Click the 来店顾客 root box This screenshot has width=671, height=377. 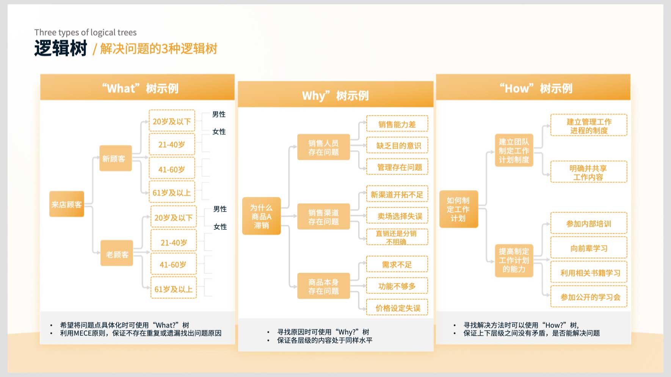pyautogui.click(x=67, y=204)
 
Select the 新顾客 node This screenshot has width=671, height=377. pyautogui.click(x=116, y=158)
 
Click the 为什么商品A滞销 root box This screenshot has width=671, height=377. pyautogui.click(x=261, y=216)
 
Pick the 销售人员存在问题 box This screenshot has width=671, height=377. pyautogui.click(x=323, y=147)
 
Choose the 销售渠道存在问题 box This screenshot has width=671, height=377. pyautogui.click(x=323, y=217)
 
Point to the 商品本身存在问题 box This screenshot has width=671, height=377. pyautogui.click(x=323, y=286)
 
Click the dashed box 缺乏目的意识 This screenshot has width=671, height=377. pyautogui.click(x=397, y=145)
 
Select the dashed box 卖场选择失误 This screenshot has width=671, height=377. pyautogui.click(x=397, y=216)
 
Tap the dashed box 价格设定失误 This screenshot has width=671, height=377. pyautogui.click(x=397, y=308)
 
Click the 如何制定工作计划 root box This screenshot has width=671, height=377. pyautogui.click(x=459, y=209)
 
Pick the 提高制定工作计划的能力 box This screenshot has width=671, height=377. pyautogui.click(x=514, y=260)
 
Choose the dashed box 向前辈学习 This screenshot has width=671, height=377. pyautogui.click(x=589, y=248)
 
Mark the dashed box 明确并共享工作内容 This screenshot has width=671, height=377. pyautogui.click(x=589, y=172)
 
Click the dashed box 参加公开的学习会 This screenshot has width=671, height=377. pyautogui.click(x=589, y=297)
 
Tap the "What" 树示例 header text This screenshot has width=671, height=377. pyautogui.click(x=140, y=88)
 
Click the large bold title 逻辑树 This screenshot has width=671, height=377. pyautogui.click(x=61, y=48)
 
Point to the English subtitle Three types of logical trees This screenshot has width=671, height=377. pyautogui.click(x=85, y=33)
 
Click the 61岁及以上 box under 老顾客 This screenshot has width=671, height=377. pyautogui.click(x=174, y=289)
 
